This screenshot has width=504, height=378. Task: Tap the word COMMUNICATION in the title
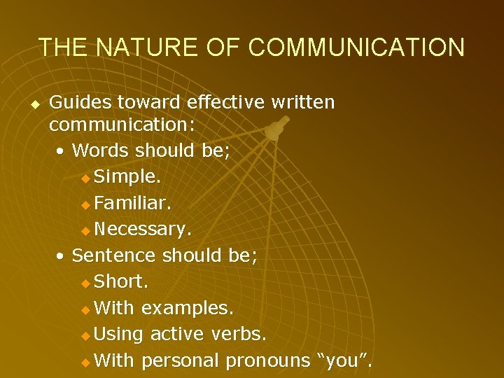356,48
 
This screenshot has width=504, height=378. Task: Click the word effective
225,103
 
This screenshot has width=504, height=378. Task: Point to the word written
302,103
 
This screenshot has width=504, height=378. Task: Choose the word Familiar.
133,204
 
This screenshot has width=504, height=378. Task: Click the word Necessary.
143,229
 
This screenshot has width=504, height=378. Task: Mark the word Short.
120,281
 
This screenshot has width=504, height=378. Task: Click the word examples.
188,308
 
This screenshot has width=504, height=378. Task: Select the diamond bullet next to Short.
85,283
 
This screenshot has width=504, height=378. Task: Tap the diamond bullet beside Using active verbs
85,335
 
